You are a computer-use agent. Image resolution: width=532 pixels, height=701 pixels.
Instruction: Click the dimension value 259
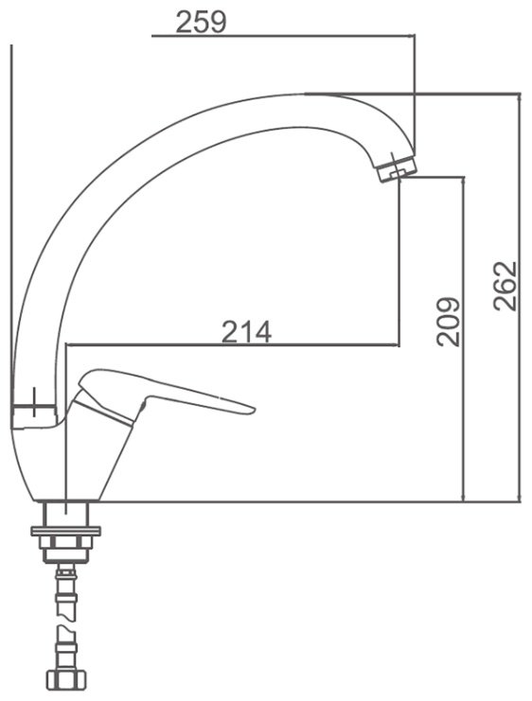201,22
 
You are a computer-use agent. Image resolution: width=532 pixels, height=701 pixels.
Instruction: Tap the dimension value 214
246,332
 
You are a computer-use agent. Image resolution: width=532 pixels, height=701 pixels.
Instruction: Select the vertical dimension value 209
449,322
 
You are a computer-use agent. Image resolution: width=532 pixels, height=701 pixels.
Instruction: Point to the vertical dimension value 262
505,286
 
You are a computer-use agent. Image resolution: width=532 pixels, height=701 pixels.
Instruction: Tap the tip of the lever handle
254,409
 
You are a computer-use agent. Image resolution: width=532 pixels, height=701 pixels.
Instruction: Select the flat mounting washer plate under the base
65,531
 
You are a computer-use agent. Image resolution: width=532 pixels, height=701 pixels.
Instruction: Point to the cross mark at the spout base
34,402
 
